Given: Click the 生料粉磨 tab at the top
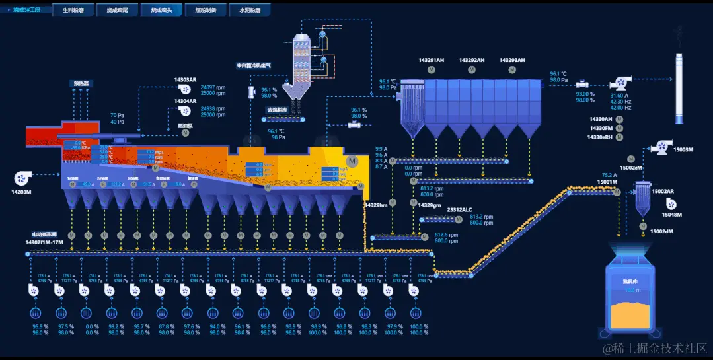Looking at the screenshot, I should tap(73, 11).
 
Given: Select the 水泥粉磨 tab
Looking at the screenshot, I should tap(249, 11).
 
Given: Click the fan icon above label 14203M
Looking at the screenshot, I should tap(21, 177).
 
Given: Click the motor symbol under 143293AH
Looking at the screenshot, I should tap(513, 69).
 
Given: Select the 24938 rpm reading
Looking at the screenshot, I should tap(213, 108).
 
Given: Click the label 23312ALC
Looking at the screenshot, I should tap(459, 209).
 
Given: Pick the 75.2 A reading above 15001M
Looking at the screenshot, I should tap(609, 175).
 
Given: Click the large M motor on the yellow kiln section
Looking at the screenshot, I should tap(352, 161).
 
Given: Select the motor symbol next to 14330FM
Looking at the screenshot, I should tap(619, 127).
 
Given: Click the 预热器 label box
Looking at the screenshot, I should tap(81, 84).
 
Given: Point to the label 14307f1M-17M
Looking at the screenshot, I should tap(45, 242).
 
